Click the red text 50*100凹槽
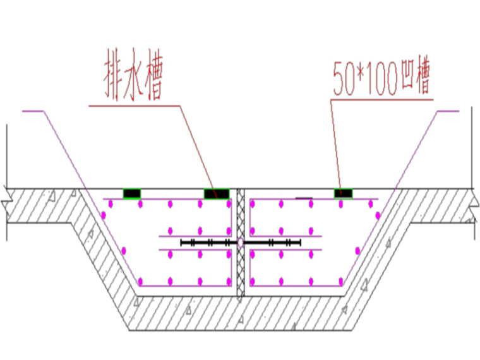tap(381, 78)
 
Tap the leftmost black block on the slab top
tap(132, 193)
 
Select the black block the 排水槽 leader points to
tap(216, 193)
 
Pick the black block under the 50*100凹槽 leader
tap(343, 193)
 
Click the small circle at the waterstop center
tap(241, 242)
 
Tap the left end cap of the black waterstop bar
tap(181, 242)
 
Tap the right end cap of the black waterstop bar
tap(300, 242)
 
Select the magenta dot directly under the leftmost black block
tap(141, 204)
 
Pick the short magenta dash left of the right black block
tap(304, 198)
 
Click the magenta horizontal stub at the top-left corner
tap(33, 111)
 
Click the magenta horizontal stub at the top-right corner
tap(448, 111)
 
